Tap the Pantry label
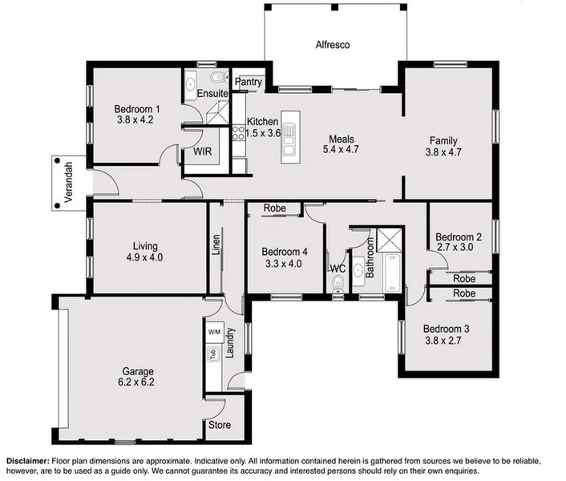click(x=249, y=82)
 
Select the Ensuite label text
click(x=214, y=94)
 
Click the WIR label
click(x=202, y=150)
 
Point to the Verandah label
click(x=70, y=182)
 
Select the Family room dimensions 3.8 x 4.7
click(x=443, y=152)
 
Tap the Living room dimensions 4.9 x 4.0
click(x=145, y=258)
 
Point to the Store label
click(x=220, y=426)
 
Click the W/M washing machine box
click(x=214, y=331)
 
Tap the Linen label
click(x=216, y=244)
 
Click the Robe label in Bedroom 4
click(x=274, y=208)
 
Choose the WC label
click(x=338, y=267)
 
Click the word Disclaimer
click(x=31, y=461)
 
